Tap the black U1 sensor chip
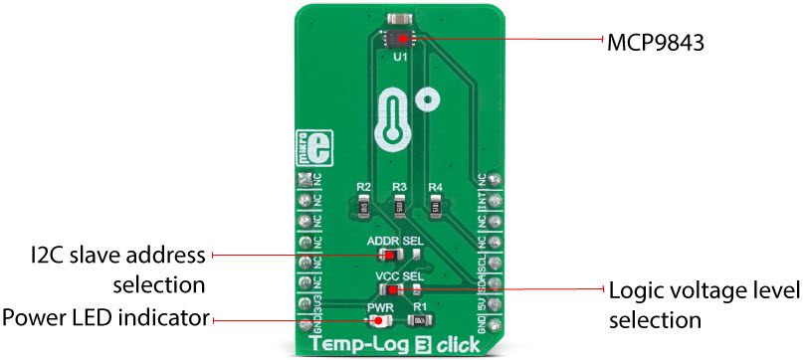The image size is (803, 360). pos(400,39)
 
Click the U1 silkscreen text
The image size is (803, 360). pos(400,59)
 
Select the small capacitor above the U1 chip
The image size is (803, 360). pos(400,18)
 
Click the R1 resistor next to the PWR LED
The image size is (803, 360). pos(422,320)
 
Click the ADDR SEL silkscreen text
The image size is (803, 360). pos(399,242)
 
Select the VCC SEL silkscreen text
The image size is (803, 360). pos(400,274)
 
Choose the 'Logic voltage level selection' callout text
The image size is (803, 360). pos(703,305)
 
